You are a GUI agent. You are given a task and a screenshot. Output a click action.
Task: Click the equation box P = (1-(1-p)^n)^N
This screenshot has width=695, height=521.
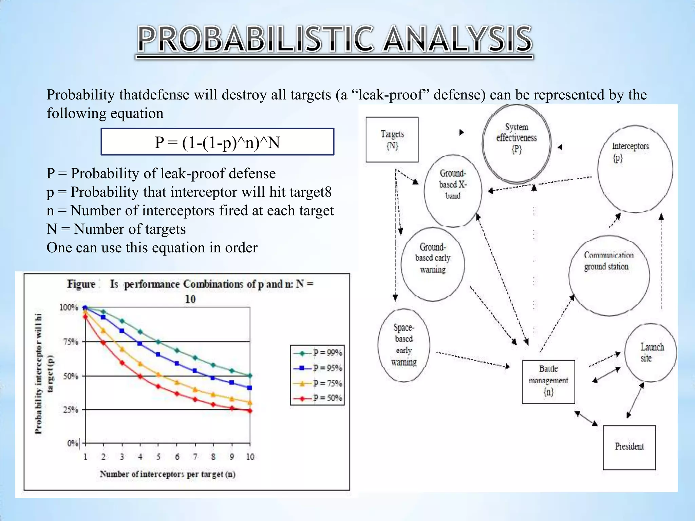(x=217, y=142)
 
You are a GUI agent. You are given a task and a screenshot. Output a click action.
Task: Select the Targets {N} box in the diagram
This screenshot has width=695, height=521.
(x=392, y=139)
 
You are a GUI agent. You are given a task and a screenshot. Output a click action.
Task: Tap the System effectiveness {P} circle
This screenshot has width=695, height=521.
(x=516, y=143)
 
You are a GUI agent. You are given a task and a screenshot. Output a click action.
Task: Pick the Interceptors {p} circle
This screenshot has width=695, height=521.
(x=635, y=169)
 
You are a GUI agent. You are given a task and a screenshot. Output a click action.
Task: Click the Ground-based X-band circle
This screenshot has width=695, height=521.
(x=453, y=191)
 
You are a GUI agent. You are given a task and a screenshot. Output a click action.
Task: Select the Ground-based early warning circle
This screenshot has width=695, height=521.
(x=432, y=264)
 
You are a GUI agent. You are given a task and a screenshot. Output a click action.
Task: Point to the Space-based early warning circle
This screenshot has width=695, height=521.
(x=403, y=345)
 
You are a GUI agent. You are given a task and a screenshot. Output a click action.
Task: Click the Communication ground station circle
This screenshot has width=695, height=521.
(x=609, y=275)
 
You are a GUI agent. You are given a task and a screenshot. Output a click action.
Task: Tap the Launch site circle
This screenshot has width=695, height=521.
(x=650, y=352)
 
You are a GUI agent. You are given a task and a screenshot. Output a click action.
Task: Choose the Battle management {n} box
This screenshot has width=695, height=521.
(x=548, y=382)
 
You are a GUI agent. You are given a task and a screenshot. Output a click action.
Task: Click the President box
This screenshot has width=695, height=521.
(x=629, y=447)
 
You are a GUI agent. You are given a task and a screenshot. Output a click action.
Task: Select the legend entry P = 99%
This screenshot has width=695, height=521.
(x=318, y=353)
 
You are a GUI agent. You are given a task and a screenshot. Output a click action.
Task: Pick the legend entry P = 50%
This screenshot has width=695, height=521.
(x=318, y=398)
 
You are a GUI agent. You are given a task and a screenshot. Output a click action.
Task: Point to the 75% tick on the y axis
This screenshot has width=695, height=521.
(x=71, y=342)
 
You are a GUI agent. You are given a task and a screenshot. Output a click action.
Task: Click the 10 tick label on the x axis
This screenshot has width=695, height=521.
(x=250, y=457)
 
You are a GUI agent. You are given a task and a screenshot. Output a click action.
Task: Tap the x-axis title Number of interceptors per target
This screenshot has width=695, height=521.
(x=167, y=474)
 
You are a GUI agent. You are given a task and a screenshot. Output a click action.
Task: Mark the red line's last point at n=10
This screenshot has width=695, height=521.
(x=250, y=411)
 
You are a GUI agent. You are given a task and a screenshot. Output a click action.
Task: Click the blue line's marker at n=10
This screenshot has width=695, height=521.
(x=250, y=388)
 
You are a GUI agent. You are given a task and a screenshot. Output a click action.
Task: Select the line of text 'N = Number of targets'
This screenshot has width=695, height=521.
(x=116, y=229)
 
